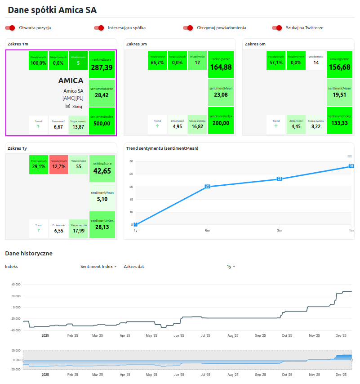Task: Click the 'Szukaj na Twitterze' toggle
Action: pos(277,28)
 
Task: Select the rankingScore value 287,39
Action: pos(102,67)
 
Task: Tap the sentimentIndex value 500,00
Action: pos(102,123)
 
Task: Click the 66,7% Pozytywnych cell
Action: pos(157,63)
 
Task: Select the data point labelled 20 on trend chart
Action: pos(207,186)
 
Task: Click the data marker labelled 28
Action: pos(351,166)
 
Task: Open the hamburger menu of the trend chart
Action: pos(349,156)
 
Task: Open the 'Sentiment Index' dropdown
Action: pos(98,267)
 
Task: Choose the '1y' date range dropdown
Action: pos(231,267)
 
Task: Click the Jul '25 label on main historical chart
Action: pos(206,335)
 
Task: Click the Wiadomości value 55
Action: pos(79,166)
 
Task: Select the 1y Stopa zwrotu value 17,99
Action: pos(79,230)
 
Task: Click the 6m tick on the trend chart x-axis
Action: pos(207,230)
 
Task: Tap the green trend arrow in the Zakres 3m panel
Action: pos(157,126)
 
